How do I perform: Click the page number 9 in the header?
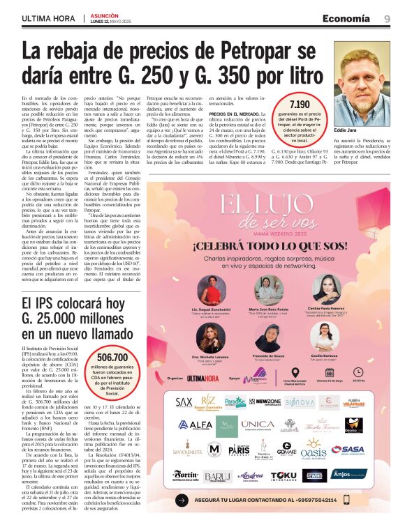click(x=386, y=18)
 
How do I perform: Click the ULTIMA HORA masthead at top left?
click(x=48, y=18)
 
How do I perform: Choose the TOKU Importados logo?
click(x=283, y=475)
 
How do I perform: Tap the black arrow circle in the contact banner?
click(x=182, y=500)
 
